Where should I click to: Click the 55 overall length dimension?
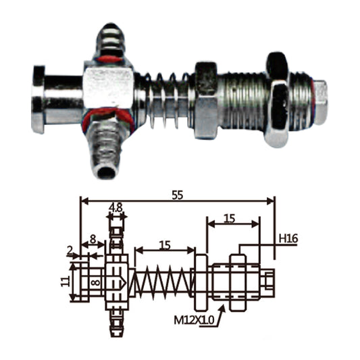[x=178, y=195]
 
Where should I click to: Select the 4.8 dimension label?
[x=116, y=208]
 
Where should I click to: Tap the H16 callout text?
[x=288, y=239]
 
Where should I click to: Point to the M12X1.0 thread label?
[x=194, y=320]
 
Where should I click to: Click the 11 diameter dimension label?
[x=66, y=281]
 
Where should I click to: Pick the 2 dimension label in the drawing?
[x=70, y=251]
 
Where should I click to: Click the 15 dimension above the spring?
[x=165, y=245]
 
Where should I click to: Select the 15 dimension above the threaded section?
[x=230, y=218]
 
